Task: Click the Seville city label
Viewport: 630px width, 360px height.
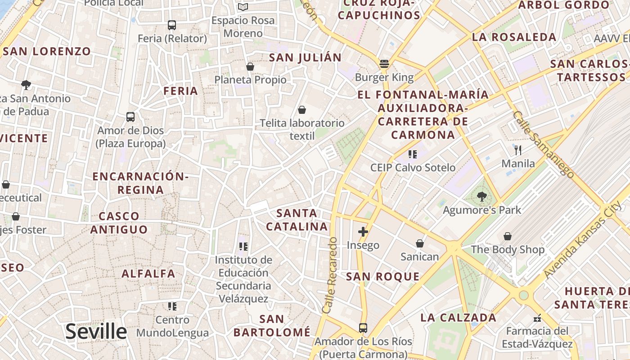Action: (x=96, y=332)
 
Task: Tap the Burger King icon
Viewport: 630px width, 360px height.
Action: (x=384, y=64)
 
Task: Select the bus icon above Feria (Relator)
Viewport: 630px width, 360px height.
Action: (x=171, y=25)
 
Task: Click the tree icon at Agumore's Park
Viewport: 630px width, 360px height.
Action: (x=481, y=197)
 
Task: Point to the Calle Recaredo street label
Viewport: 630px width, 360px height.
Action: (x=330, y=275)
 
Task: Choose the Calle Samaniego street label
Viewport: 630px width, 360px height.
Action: (x=543, y=144)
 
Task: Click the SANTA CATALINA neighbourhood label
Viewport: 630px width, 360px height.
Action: (x=297, y=220)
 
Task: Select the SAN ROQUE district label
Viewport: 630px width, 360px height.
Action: (x=382, y=277)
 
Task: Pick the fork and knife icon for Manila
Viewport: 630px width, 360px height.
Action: (x=518, y=150)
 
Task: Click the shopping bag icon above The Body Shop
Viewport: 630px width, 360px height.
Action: (x=507, y=236)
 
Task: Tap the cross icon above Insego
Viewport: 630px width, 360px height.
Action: (x=363, y=232)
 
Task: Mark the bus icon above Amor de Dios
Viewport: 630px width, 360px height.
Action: (x=130, y=117)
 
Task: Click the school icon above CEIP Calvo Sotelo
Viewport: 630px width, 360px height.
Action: (x=413, y=154)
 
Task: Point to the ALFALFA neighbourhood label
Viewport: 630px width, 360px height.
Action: (x=148, y=274)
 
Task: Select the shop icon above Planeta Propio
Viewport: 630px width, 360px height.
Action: (x=250, y=67)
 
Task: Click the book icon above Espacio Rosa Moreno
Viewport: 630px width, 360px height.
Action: (x=243, y=7)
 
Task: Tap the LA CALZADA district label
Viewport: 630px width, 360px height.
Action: (x=458, y=317)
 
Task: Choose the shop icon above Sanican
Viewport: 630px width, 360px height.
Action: (x=419, y=243)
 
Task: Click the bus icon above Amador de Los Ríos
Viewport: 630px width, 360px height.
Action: (x=363, y=328)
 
